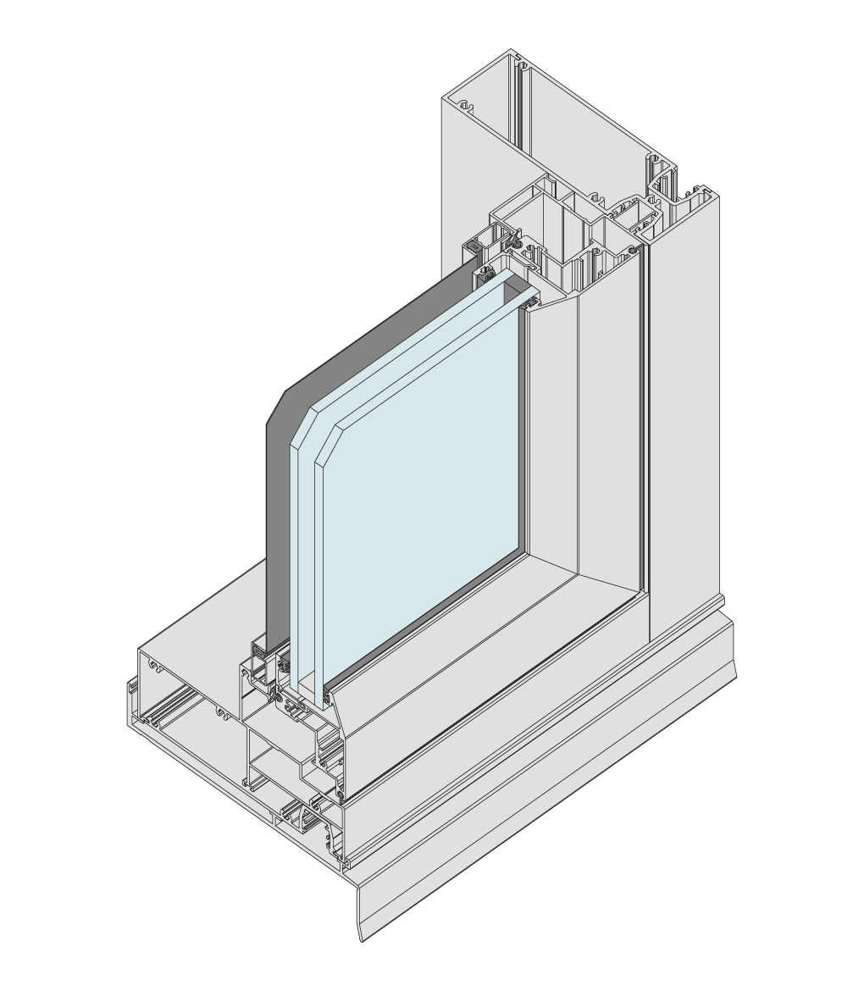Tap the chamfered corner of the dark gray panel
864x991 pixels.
(x=274, y=407)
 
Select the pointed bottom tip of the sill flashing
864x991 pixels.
(x=363, y=938)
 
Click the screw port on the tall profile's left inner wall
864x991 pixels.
(x=463, y=107)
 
